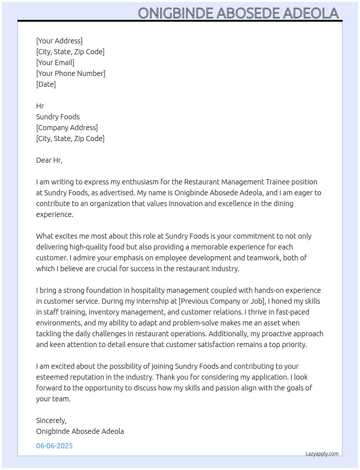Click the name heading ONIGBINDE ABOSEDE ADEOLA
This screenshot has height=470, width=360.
click(238, 13)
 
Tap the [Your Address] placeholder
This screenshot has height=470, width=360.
click(59, 41)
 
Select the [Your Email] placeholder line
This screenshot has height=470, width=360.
click(55, 63)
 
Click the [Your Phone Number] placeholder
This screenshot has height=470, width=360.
click(71, 73)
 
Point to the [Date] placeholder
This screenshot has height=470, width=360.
click(46, 84)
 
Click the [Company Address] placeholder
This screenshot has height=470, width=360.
click(67, 128)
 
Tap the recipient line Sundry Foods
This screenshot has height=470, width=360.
click(58, 117)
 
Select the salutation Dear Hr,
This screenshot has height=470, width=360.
click(49, 160)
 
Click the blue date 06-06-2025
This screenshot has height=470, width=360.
click(55, 446)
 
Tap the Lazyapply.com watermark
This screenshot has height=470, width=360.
click(322, 454)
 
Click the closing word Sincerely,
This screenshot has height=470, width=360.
click(51, 420)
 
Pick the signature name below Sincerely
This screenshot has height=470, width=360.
click(80, 431)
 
